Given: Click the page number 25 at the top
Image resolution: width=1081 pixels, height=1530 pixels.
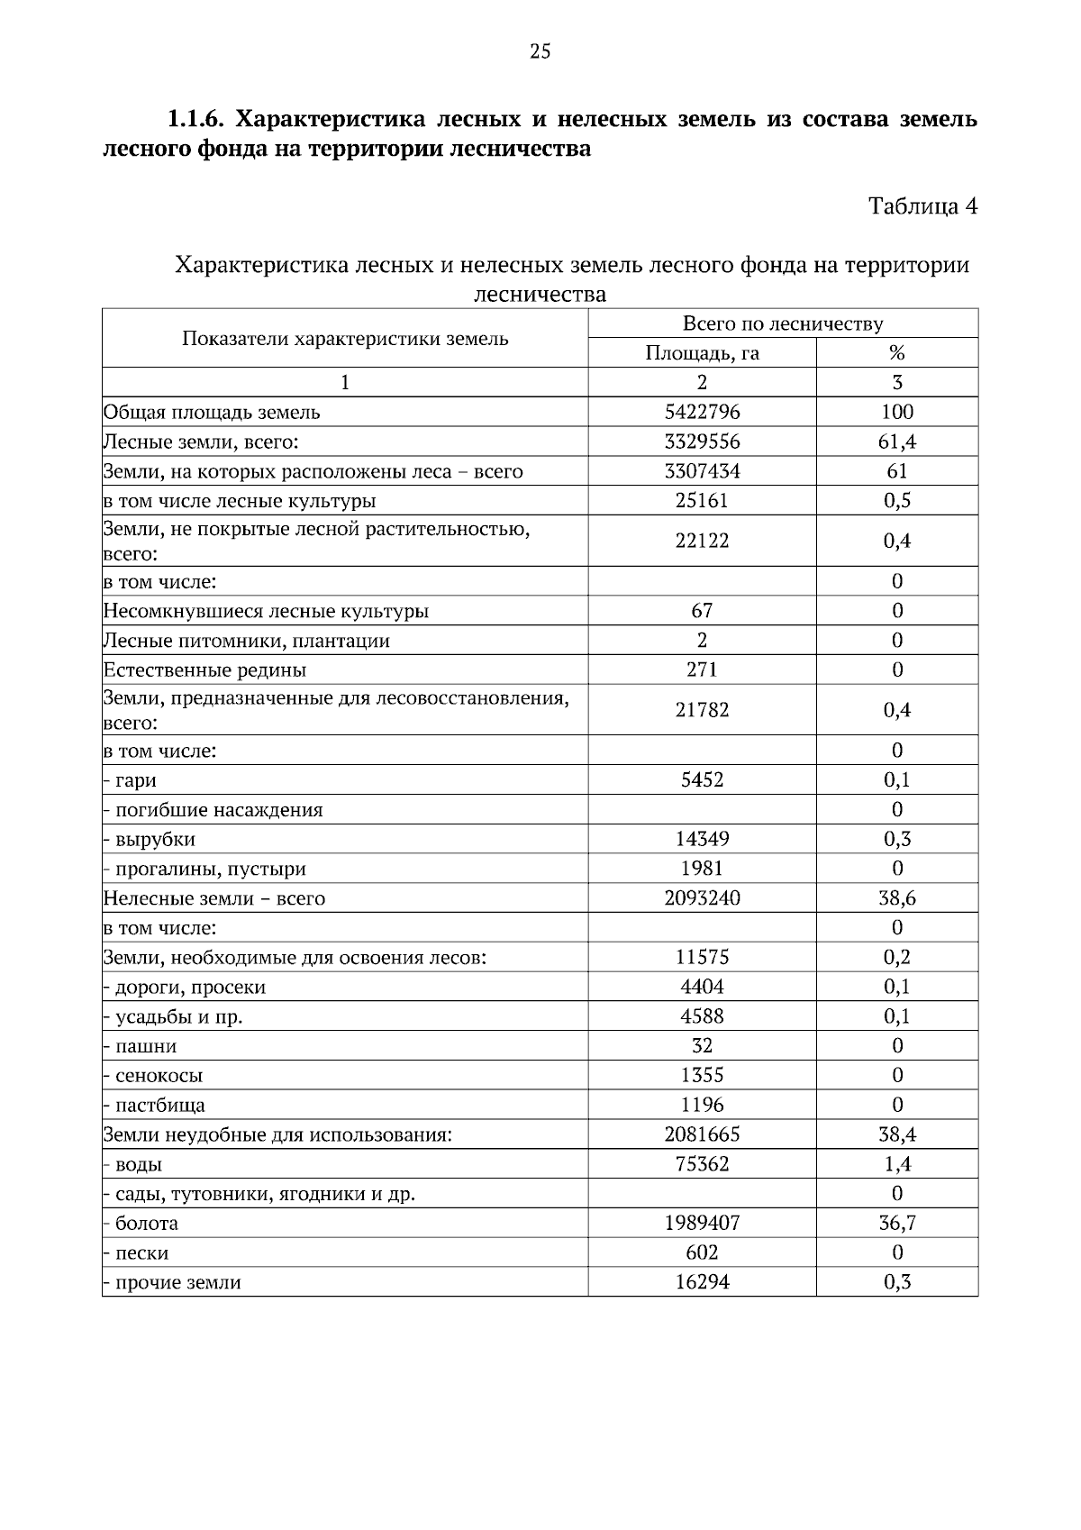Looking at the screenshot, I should click(x=540, y=51).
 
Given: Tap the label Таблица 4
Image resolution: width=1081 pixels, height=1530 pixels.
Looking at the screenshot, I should click(x=922, y=206).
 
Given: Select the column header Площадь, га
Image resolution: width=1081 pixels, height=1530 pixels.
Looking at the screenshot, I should click(x=702, y=353).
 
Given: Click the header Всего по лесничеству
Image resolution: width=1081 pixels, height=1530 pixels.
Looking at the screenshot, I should click(x=783, y=323).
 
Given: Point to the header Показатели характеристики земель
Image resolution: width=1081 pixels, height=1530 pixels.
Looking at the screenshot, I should click(x=345, y=339).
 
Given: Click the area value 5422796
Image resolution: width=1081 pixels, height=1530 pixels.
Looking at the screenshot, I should click(x=702, y=413).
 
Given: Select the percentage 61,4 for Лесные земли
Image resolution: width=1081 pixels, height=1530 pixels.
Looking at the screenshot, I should click(x=896, y=442).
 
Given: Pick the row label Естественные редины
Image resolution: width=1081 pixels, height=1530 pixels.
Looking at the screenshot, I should click(x=204, y=670).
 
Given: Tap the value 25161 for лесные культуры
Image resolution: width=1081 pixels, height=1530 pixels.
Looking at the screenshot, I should click(x=702, y=501).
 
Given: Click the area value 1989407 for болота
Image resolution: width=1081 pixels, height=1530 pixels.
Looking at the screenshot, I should click(x=702, y=1224).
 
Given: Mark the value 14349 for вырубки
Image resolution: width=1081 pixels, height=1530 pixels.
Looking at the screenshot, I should click(x=702, y=840).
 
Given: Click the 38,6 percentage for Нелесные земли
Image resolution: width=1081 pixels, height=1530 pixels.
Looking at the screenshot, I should click(x=896, y=898).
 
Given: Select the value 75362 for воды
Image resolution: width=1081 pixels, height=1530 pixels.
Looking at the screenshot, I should click(x=702, y=1164).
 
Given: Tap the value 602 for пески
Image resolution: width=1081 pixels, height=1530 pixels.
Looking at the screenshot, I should click(x=702, y=1252).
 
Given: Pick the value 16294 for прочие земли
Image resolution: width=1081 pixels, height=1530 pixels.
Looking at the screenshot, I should click(x=702, y=1282).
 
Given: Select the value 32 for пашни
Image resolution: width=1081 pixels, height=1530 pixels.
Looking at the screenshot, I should click(x=702, y=1046).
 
